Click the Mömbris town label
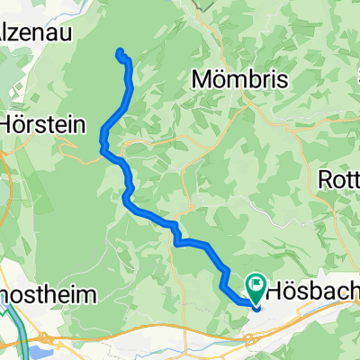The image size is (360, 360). (x=241, y=80)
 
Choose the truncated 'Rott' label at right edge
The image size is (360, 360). (x=340, y=178)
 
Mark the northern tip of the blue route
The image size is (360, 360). (x=119, y=50)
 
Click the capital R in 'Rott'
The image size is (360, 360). (x=327, y=178)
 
